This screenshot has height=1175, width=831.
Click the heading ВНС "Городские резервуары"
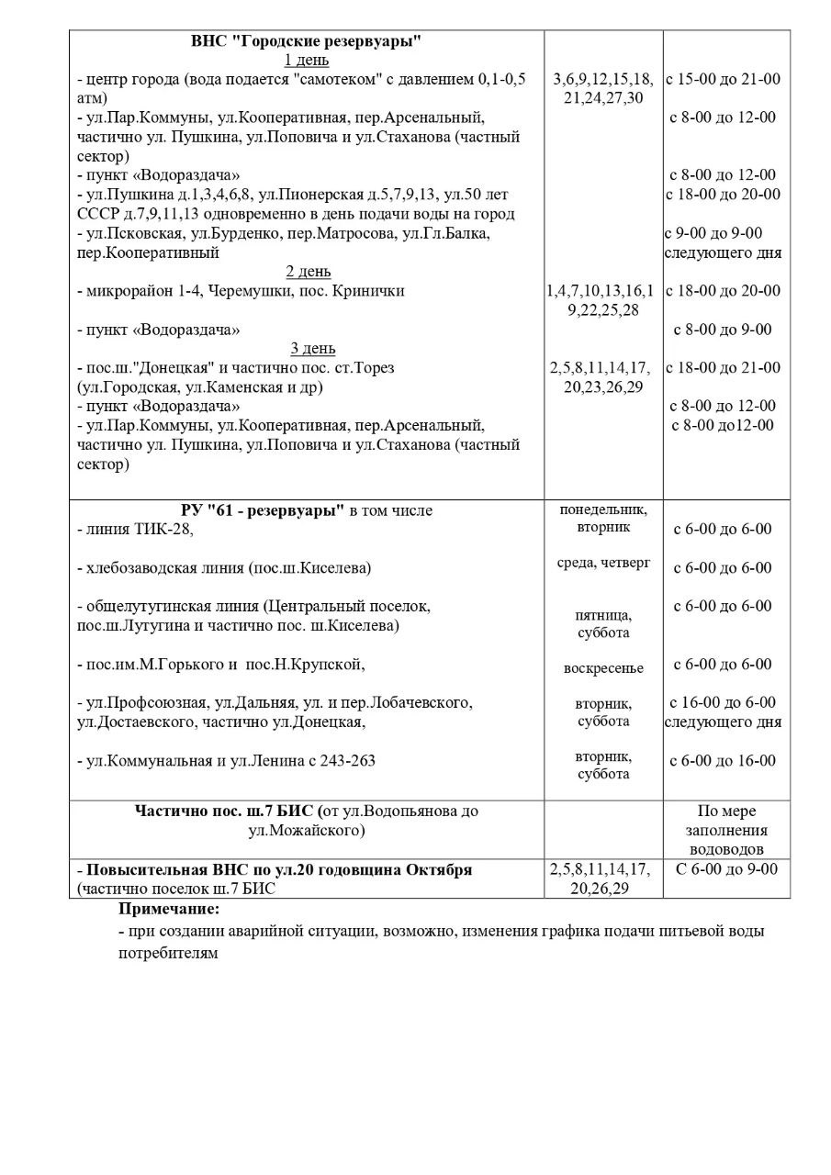click(307, 41)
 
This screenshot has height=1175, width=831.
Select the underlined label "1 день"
click(307, 61)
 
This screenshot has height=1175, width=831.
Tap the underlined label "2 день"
click(309, 272)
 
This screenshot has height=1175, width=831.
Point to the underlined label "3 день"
click(312, 349)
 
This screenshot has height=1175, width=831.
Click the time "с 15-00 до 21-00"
click(724, 79)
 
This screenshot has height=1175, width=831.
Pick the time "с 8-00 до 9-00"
click(723, 330)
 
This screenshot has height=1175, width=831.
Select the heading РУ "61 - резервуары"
click(262, 510)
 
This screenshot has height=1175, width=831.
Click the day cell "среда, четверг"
click(603, 562)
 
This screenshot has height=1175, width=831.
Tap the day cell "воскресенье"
click(603, 667)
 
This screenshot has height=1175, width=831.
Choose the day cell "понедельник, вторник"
click(603, 519)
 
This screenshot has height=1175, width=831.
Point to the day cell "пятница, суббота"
click(603, 624)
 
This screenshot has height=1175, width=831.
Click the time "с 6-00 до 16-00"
click(723, 761)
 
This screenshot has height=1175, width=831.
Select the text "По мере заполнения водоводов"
click(726, 830)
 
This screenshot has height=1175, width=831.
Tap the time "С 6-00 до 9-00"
click(726, 869)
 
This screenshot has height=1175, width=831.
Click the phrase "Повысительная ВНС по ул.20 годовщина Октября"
click(279, 869)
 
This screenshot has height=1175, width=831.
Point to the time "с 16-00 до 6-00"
click(723, 702)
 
